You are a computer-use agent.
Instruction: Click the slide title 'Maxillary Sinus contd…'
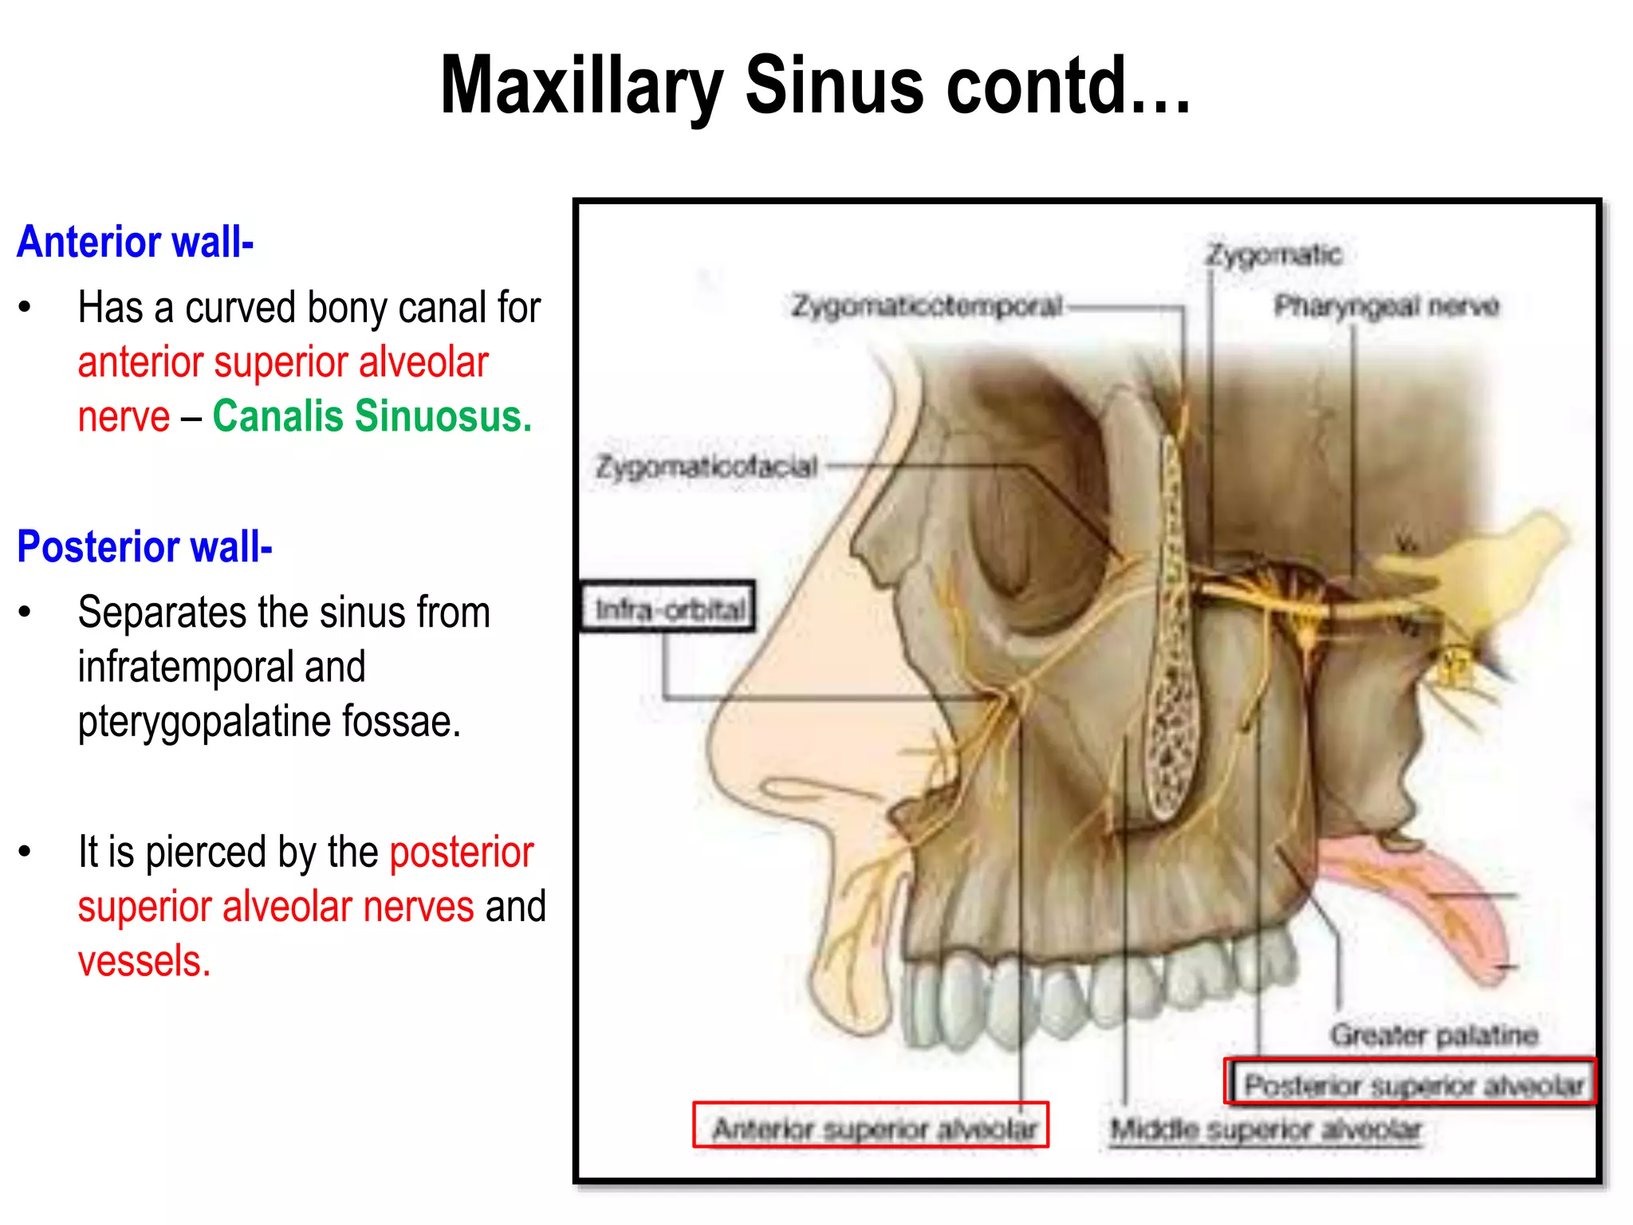(815, 86)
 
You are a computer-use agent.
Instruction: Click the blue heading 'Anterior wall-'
(135, 242)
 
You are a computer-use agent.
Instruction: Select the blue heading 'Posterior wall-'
(144, 546)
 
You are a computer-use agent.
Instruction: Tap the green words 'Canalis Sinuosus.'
(372, 416)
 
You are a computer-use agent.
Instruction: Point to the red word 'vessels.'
(144, 961)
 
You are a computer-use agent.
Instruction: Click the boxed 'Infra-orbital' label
(668, 609)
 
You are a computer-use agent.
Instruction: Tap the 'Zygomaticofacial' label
(706, 467)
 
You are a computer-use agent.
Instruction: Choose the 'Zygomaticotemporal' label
(927, 305)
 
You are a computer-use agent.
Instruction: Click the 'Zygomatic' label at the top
(1273, 254)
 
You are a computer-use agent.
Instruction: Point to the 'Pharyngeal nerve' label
(1386, 305)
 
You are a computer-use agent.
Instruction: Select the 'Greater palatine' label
(1433, 1034)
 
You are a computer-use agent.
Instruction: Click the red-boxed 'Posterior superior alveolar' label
(1411, 1085)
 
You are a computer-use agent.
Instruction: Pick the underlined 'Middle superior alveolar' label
(1265, 1129)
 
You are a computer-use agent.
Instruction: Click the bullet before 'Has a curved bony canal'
(26, 308)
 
